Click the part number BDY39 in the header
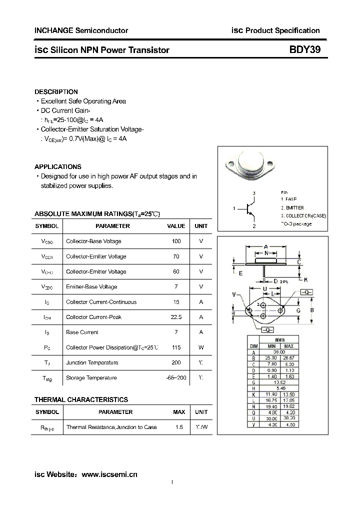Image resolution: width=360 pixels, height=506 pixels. [301, 50]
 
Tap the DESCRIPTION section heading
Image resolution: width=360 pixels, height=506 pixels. [56, 92]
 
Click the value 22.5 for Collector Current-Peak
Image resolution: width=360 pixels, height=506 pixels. [176, 317]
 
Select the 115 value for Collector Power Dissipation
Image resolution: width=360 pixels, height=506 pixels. [176, 347]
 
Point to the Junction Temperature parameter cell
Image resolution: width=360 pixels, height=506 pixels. [92, 362]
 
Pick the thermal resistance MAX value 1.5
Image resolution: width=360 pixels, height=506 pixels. [179, 427]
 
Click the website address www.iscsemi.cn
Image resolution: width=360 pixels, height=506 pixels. [109, 474]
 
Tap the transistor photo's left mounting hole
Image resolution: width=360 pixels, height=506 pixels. [231, 163]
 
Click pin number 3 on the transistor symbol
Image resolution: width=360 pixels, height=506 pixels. [254, 193]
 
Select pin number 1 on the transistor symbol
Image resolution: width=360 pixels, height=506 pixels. [234, 208]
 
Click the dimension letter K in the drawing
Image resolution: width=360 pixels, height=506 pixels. [306, 279]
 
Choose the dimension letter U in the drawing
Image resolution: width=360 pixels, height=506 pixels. [264, 289]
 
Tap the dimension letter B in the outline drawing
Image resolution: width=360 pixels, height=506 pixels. [312, 310]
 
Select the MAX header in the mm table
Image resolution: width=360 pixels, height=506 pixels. [288, 346]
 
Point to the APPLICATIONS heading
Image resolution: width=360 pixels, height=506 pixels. [57, 167]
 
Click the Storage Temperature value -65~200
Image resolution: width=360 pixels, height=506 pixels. [176, 378]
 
